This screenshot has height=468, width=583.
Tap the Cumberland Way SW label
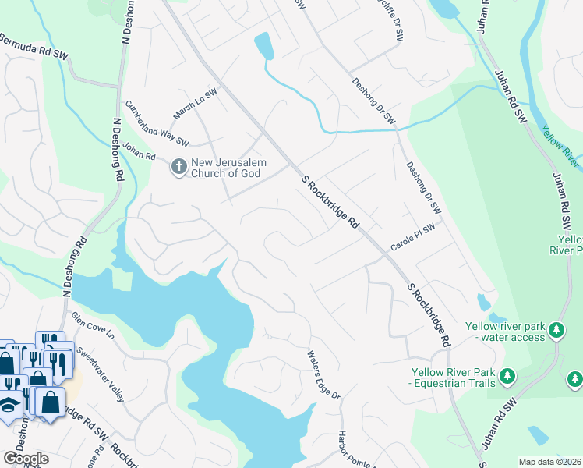click(157, 122)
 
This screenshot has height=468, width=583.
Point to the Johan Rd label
click(140, 154)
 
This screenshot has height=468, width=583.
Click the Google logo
click(25, 459)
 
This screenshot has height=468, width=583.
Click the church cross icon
click(178, 167)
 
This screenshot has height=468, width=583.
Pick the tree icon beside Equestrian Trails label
click(507, 377)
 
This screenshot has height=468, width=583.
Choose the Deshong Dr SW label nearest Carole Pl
click(423, 188)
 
